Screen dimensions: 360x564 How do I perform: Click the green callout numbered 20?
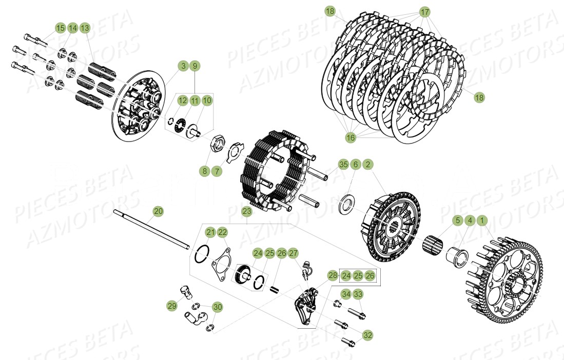pyautogui.click(x=158, y=211)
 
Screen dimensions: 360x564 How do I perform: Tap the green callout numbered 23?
pyautogui.click(x=247, y=211)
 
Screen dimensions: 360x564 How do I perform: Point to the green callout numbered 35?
pyautogui.click(x=343, y=164)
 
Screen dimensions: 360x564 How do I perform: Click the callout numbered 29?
pyautogui.click(x=172, y=306)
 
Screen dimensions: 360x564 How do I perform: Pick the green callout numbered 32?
pyautogui.click(x=367, y=335)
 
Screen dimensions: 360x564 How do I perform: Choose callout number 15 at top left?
pyautogui.click(x=61, y=28)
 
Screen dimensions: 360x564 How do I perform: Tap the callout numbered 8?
pyautogui.click(x=205, y=171)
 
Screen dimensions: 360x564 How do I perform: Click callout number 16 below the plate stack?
pyautogui.click(x=350, y=137)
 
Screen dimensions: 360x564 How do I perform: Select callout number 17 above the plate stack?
pyautogui.click(x=424, y=11)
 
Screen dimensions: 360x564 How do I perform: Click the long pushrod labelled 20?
pyautogui.click(x=149, y=231)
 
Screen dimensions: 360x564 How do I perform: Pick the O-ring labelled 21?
pyautogui.click(x=203, y=252)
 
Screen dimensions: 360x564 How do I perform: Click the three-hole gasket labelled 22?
pyautogui.click(x=222, y=260)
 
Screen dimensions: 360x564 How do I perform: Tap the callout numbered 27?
pyautogui.click(x=293, y=253)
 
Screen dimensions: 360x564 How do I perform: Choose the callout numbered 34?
pyautogui.click(x=346, y=294)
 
